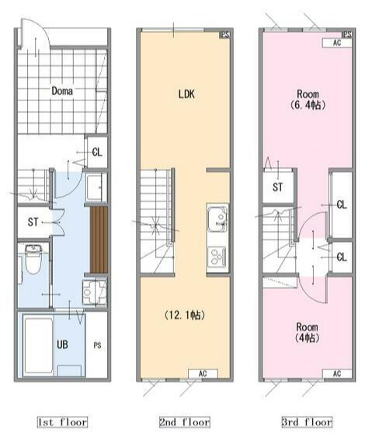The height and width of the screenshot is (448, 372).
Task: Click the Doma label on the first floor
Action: coord(62,91)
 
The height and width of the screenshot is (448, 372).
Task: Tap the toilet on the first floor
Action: coord(33,259)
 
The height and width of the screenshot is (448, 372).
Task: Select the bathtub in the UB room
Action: coord(39,346)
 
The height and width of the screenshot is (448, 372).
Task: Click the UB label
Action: coord(62,345)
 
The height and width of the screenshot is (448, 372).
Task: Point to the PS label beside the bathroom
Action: coord(97,345)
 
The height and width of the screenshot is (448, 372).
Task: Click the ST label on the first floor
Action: coord(33,222)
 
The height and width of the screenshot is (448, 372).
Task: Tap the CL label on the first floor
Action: coord(97,152)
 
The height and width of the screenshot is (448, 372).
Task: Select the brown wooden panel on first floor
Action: coord(99,240)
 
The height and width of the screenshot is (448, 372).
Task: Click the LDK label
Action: coord(186,94)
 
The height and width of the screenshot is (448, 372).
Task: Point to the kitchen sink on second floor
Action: coord(217,219)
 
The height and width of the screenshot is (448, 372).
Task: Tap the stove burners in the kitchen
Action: coord(217,256)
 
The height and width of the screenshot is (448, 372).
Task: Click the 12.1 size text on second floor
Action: coord(185,315)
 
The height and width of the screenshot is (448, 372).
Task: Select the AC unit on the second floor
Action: coord(203,373)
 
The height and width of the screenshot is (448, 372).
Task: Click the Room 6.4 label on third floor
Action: coord(308,100)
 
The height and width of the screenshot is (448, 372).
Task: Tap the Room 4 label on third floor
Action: coord(307,332)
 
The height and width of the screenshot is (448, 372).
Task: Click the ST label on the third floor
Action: coord(277,187)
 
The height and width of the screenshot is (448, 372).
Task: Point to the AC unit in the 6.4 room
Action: coord(337,43)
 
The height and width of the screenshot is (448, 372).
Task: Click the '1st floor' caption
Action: coord(62,422)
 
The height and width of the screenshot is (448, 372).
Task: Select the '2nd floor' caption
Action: coord(185,422)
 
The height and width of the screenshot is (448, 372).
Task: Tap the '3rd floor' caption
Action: coord(307,422)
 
